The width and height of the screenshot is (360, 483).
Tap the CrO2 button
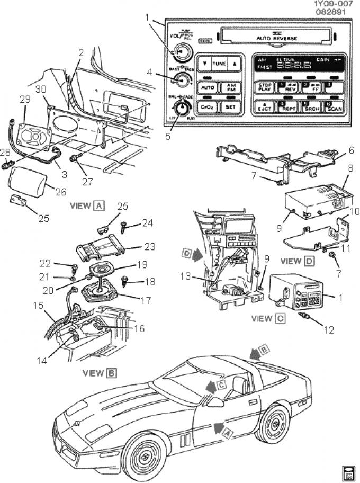click(207, 106)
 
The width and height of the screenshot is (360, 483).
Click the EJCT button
click(263, 106)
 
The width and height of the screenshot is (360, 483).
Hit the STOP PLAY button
click(263, 87)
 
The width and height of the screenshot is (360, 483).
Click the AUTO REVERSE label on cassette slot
click(276, 38)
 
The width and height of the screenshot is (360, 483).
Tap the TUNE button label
click(219, 64)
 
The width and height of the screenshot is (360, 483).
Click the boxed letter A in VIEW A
click(98, 206)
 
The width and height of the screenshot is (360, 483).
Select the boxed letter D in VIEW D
click(310, 261)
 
